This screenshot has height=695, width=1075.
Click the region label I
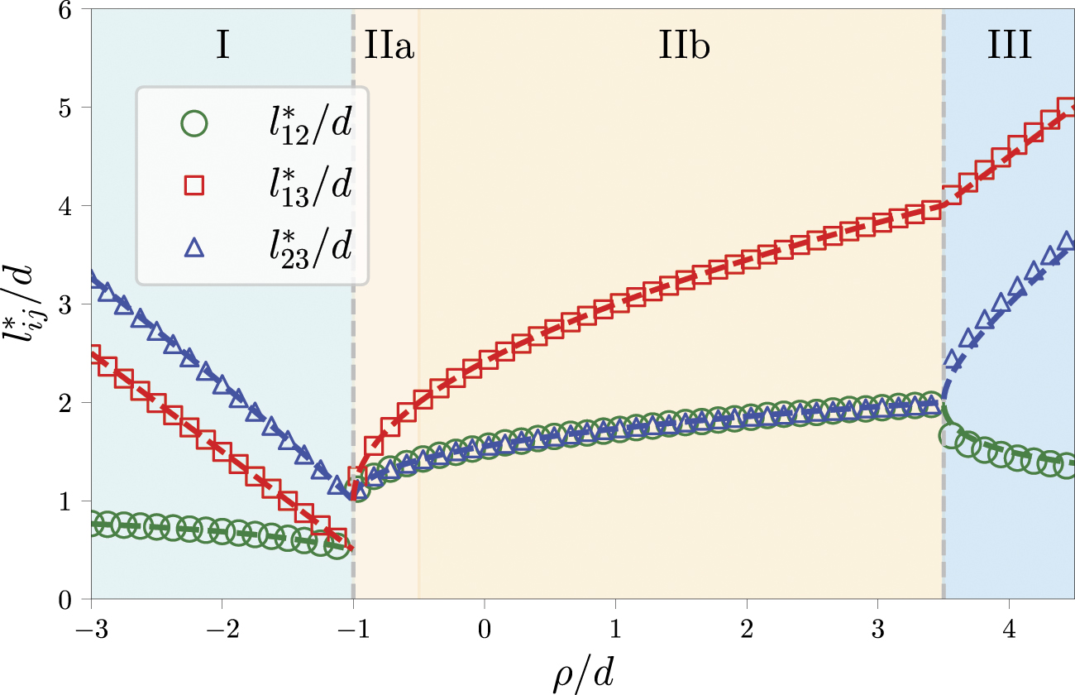click(x=222, y=48)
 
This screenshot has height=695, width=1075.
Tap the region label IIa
click(x=389, y=48)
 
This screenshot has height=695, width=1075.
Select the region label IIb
click(x=685, y=48)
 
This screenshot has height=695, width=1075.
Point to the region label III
click(x=1010, y=48)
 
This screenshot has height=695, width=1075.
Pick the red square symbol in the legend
click(x=193, y=186)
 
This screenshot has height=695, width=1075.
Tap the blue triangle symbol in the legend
click(x=193, y=246)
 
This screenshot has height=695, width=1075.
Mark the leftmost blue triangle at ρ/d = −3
click(x=93, y=280)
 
